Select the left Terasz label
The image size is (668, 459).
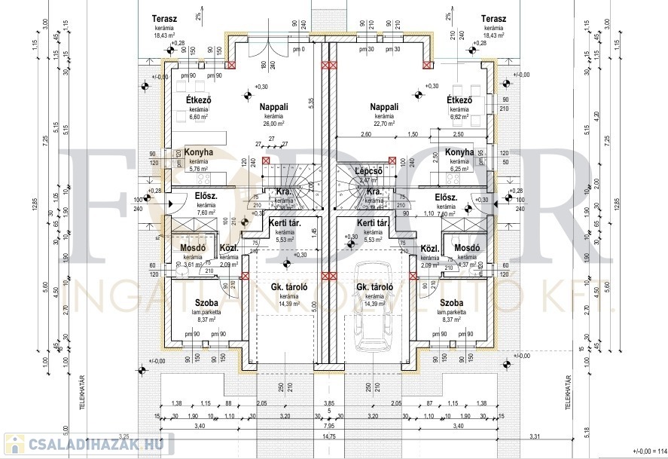[x=164, y=18]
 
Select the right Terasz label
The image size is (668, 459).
[x=495, y=18]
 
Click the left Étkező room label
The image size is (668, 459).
[x=199, y=99]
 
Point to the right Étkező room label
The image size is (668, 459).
[x=459, y=99]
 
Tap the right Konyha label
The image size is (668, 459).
[x=459, y=152]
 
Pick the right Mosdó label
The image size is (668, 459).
[x=468, y=248]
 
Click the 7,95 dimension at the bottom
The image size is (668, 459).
[x=329, y=426]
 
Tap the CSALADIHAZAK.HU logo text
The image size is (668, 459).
[x=93, y=443]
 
